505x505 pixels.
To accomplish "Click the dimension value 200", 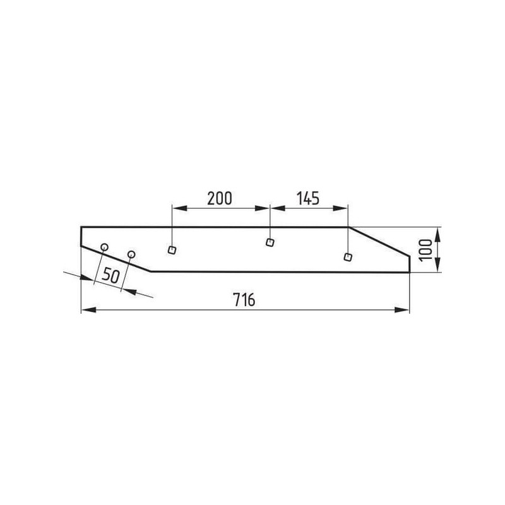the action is pos(219,198).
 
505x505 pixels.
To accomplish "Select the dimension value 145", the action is pos(308,198).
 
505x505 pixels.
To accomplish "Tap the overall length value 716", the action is pos(244,300).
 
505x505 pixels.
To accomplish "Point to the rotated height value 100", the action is pos(426,250).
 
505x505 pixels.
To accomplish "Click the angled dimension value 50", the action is pos(110,276).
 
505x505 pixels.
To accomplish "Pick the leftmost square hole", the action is pos(172,250).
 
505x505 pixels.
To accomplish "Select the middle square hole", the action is pos(270,242).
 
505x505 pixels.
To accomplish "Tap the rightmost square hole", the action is pos(348,257).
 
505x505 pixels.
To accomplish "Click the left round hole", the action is pos(104,247).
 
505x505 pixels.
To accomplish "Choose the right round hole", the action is pos(131,254).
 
